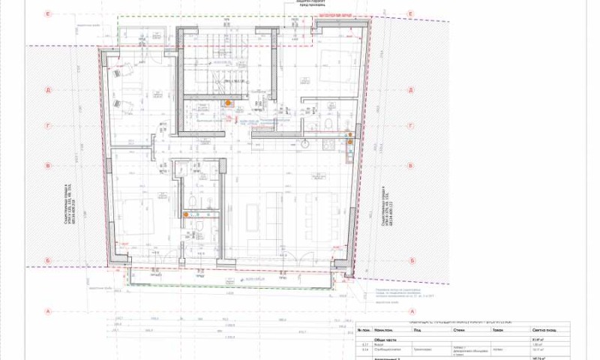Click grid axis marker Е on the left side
[47, 13]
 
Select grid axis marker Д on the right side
[411, 89]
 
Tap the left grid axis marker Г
[47, 127]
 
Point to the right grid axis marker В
[411, 166]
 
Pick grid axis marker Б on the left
[47, 261]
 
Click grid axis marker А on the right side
[411, 311]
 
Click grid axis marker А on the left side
[47, 311]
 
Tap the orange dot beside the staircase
[228, 103]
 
